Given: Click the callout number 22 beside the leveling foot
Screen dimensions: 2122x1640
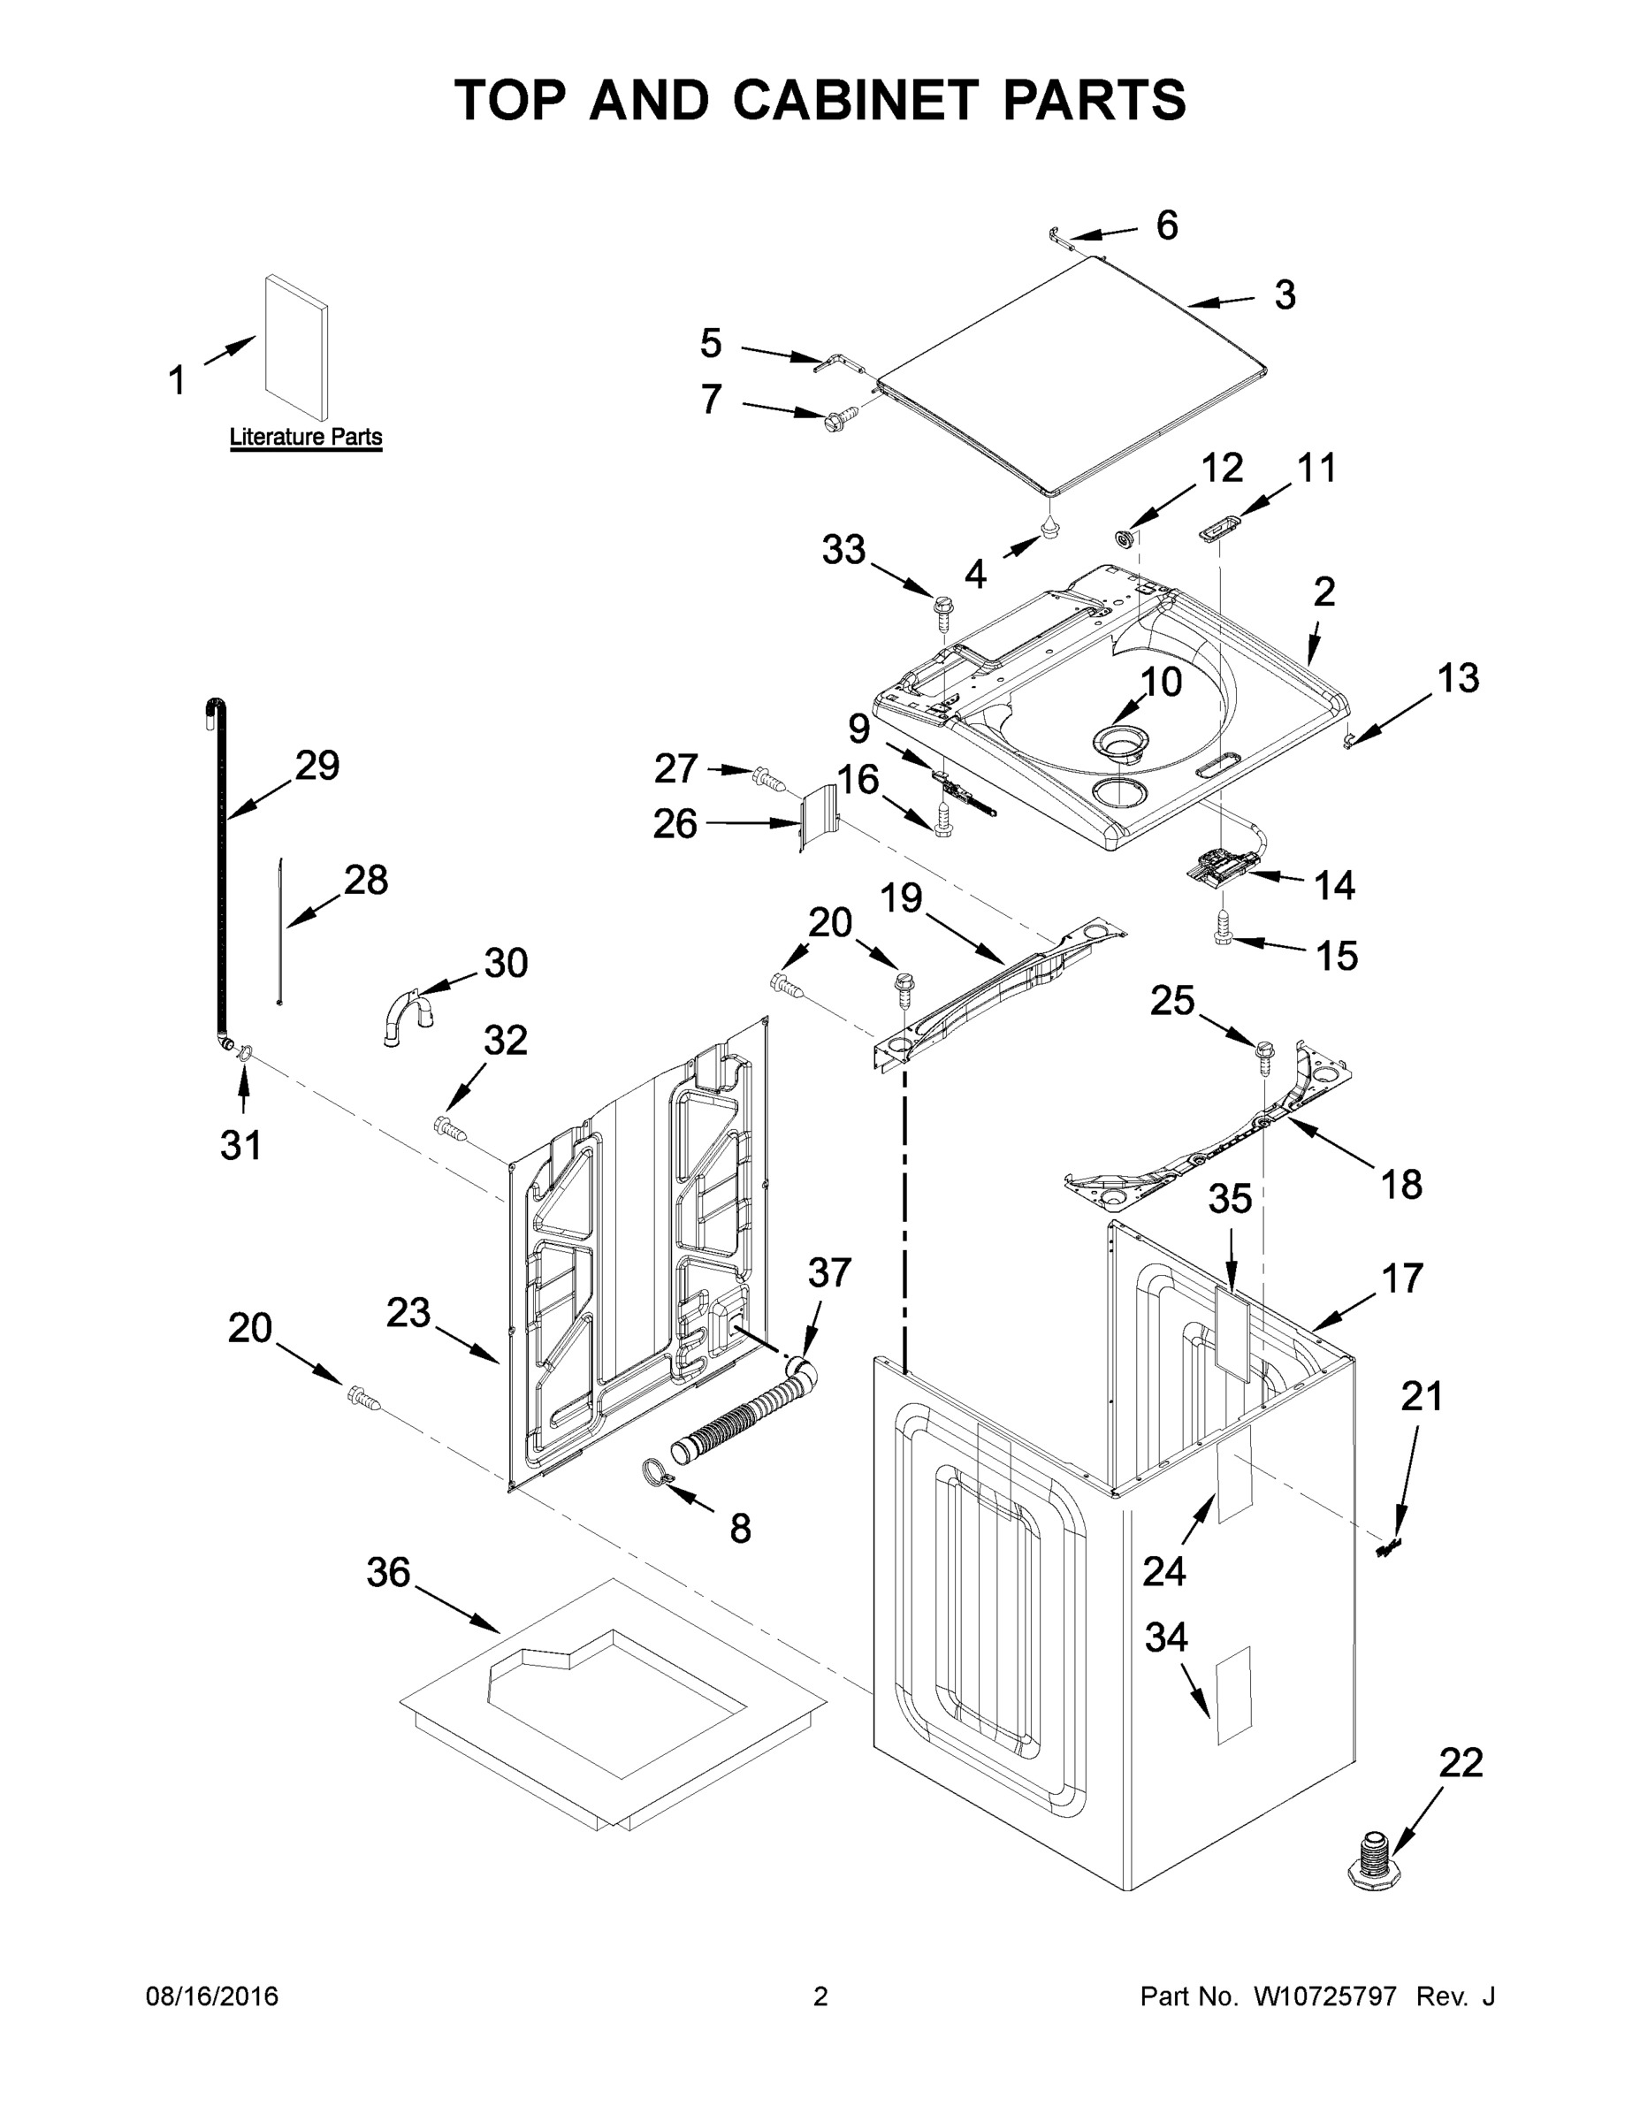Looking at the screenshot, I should pyautogui.click(x=1461, y=1762).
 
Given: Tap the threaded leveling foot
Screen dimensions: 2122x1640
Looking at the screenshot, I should pyautogui.click(x=1371, y=1857).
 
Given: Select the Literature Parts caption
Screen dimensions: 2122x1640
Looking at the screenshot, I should pyautogui.click(x=305, y=438).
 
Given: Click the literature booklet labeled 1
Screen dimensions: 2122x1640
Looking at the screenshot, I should pyautogui.click(x=296, y=347).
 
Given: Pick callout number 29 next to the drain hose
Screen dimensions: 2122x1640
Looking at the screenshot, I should pyautogui.click(x=317, y=766).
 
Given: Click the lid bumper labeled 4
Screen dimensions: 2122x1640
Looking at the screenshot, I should pyautogui.click(x=1051, y=528).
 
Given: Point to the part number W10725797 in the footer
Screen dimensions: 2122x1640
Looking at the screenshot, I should pyautogui.click(x=1324, y=1997).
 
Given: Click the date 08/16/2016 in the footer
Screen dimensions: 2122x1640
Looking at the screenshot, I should pyautogui.click(x=212, y=1997).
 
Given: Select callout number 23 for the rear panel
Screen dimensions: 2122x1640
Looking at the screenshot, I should pyautogui.click(x=408, y=1313).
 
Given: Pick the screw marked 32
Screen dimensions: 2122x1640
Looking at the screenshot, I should pyautogui.click(x=449, y=1127).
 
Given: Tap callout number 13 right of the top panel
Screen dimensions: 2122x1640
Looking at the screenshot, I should pyautogui.click(x=1457, y=677).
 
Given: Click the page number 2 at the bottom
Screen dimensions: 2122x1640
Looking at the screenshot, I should pyautogui.click(x=820, y=1997).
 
